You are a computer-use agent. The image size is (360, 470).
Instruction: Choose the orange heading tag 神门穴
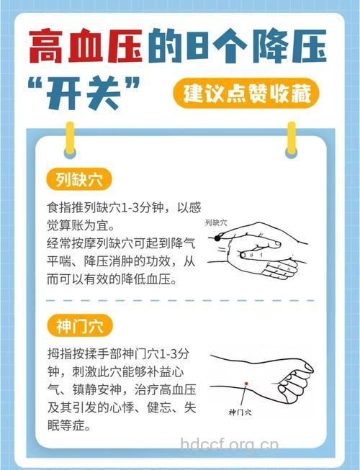(x=79, y=325)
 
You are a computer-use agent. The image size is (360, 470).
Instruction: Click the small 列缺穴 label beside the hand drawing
(x=215, y=222)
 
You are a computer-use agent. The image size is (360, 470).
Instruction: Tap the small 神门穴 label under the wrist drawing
(x=239, y=412)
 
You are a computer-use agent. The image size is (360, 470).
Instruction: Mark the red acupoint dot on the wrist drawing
(x=246, y=383)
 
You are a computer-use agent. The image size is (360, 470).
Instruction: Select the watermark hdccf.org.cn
(x=228, y=443)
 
